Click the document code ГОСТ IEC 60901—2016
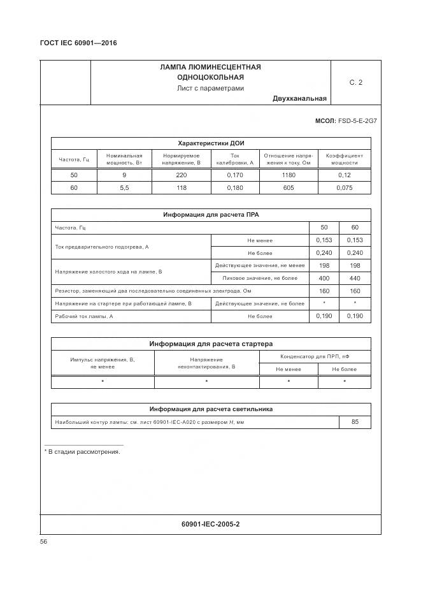(78, 43)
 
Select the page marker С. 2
(355, 82)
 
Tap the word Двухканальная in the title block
(299, 99)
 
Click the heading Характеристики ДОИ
(211, 143)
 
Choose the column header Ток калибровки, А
(234, 159)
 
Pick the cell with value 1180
(288, 175)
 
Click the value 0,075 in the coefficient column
(344, 188)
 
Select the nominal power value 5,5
(124, 188)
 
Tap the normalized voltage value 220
(181, 175)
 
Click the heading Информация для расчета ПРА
(211, 215)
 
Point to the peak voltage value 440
(355, 278)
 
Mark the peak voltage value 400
(324, 278)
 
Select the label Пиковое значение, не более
(260, 278)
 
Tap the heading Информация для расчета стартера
(211, 344)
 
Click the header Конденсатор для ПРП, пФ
(315, 356)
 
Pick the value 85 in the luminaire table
(355, 422)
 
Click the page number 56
(44, 541)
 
